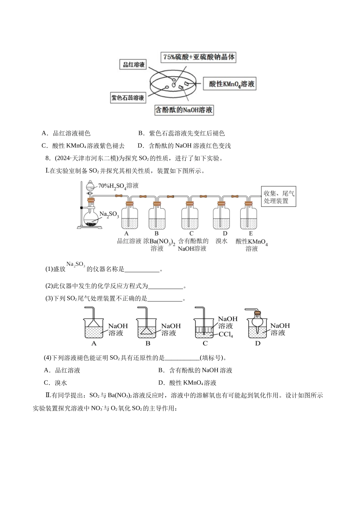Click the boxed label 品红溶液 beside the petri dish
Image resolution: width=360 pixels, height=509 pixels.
[x=133, y=64]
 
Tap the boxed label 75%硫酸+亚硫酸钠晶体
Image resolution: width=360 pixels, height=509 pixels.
[x=198, y=57]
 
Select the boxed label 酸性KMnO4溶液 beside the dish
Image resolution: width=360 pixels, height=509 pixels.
[x=230, y=84]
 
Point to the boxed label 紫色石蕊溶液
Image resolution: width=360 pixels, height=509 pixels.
[x=128, y=98]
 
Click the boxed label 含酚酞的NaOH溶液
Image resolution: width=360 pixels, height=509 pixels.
[x=184, y=110]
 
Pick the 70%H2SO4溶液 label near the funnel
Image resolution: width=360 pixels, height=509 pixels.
[x=118, y=186]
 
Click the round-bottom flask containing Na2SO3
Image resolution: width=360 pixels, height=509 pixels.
[x=92, y=219]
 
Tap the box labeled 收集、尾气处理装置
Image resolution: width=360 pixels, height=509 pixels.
[x=279, y=197]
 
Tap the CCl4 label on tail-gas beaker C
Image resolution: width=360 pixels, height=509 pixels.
[x=225, y=334]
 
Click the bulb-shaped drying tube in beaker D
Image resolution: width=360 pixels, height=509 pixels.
[x=257, y=323]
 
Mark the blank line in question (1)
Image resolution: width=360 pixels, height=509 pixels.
[x=142, y=272]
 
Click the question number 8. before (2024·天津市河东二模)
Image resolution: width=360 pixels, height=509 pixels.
[x=48, y=158]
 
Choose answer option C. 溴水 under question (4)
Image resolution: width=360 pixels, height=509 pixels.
[x=55, y=383]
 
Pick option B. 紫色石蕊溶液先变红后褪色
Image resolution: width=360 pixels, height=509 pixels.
[x=182, y=133]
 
